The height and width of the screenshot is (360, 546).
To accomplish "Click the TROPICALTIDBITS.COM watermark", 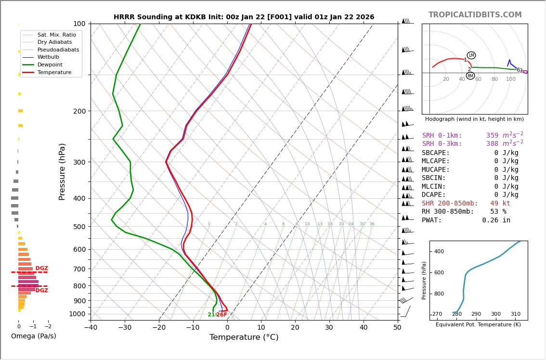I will coord(475,15).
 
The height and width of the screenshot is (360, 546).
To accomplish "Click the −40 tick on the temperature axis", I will coord(91,328).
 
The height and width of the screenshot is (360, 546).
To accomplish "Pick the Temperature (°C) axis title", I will coord(244,337).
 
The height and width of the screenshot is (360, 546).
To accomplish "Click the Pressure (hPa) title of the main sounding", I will coord(62,171).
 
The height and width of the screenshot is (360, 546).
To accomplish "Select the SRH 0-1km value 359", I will coord(492,136).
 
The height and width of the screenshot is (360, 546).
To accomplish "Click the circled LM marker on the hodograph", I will coord(471,55).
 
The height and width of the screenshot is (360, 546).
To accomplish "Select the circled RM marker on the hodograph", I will coord(470,76).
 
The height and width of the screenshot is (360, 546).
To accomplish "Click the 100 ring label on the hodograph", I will coord(510,79).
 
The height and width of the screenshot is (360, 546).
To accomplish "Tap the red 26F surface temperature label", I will coord(221,315).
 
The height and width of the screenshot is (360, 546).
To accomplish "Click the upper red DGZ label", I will coord(42,269).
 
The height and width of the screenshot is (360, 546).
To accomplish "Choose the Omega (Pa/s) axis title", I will coord(34,336).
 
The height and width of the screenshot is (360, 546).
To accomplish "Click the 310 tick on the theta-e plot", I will coord(515,314).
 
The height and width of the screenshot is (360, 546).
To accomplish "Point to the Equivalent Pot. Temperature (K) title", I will coord(478,325).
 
